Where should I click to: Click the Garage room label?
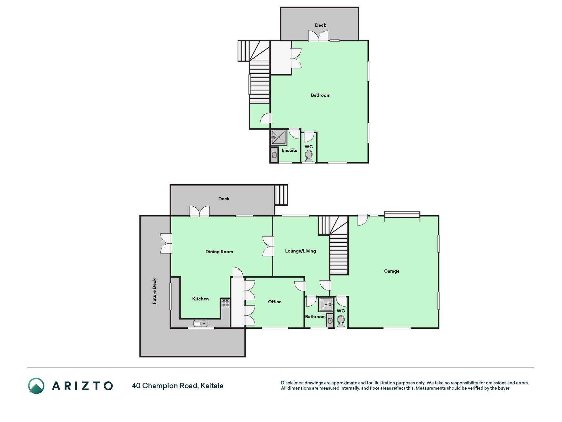391,271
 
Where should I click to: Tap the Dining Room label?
219,252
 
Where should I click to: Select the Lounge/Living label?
300,251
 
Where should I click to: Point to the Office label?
275,302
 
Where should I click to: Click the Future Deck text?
154,291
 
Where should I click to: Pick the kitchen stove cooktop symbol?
225,303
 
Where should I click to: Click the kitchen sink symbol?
201,323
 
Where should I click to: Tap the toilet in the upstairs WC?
308,156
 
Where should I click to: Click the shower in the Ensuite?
279,137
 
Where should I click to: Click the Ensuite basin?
274,155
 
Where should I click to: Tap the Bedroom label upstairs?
321,95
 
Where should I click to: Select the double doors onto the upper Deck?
318,36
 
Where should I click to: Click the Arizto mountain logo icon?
36,386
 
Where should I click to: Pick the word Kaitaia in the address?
212,386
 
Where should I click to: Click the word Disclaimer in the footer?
292,383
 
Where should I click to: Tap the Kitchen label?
201,299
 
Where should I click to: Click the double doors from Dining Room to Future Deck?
166,243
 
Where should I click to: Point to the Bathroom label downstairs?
315,317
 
